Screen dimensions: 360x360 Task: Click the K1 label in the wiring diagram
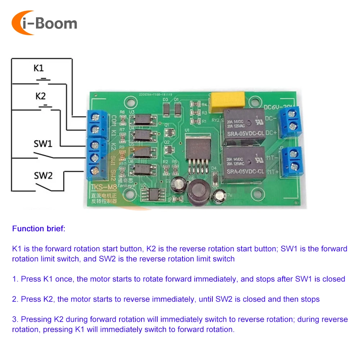coord(39,68)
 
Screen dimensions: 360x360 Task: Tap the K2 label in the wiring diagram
coord(41,96)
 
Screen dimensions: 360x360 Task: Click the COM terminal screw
coord(95,117)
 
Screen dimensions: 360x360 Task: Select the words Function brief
coord(39,229)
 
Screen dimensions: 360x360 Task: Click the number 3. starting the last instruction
coord(15,319)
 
